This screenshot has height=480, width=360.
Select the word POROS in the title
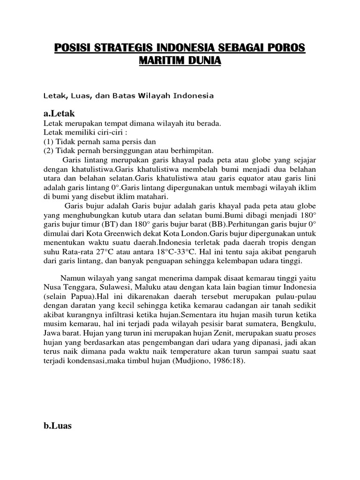point(286,49)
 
